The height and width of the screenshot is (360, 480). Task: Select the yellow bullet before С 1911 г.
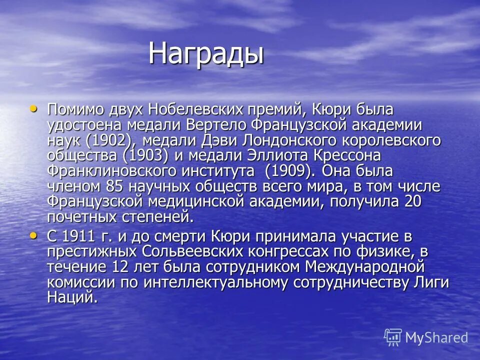pyautogui.click(x=33, y=234)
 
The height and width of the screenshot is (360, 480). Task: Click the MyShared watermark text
pyautogui.click(x=436, y=337)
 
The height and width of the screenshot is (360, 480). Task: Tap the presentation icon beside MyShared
pyautogui.click(x=393, y=337)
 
